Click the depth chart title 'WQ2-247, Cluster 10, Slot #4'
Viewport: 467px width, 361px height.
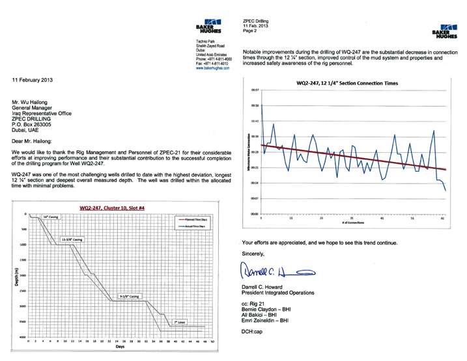point(116,207)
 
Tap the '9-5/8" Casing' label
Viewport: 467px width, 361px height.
point(126,296)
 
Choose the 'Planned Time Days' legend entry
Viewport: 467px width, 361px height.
point(193,221)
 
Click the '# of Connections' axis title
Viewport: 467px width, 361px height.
point(352,222)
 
